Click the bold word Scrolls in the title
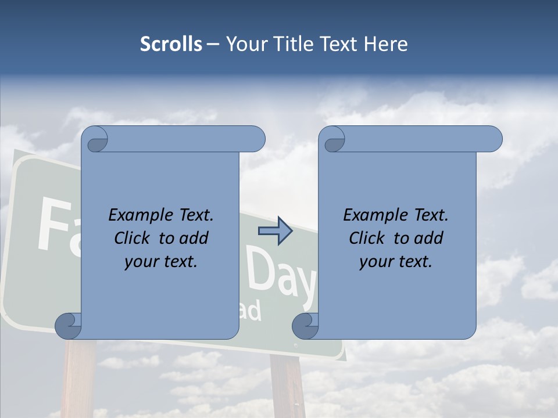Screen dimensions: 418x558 click(x=171, y=44)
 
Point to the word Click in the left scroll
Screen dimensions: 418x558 click(x=131, y=238)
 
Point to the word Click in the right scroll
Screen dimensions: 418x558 click(x=366, y=238)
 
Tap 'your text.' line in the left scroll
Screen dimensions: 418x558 click(x=160, y=261)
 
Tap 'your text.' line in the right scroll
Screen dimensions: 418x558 click(x=395, y=261)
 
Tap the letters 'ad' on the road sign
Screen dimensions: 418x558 click(x=251, y=311)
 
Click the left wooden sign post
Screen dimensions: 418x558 click(x=78, y=377)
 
